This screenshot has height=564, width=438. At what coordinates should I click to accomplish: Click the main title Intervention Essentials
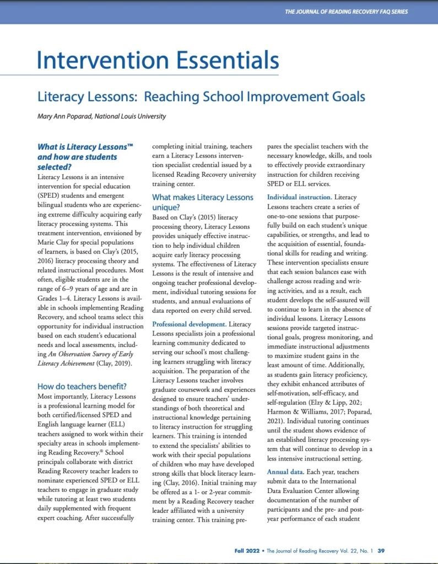tap(158, 60)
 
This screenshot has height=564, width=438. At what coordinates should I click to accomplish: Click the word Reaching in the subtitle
tap(170, 97)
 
